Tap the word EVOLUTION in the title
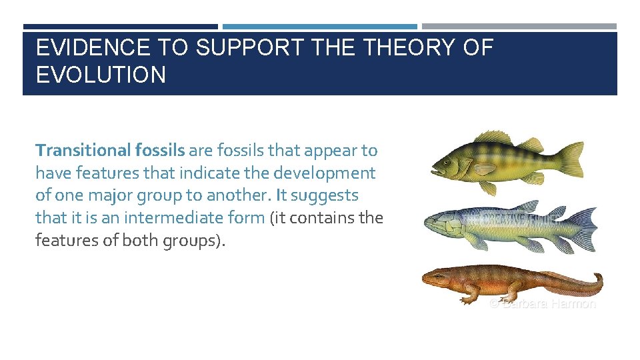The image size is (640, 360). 101,75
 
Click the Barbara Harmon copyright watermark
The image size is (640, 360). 542,304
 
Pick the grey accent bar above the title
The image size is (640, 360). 519,27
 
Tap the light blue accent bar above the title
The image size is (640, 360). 319,27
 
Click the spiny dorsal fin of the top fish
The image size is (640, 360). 493,138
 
